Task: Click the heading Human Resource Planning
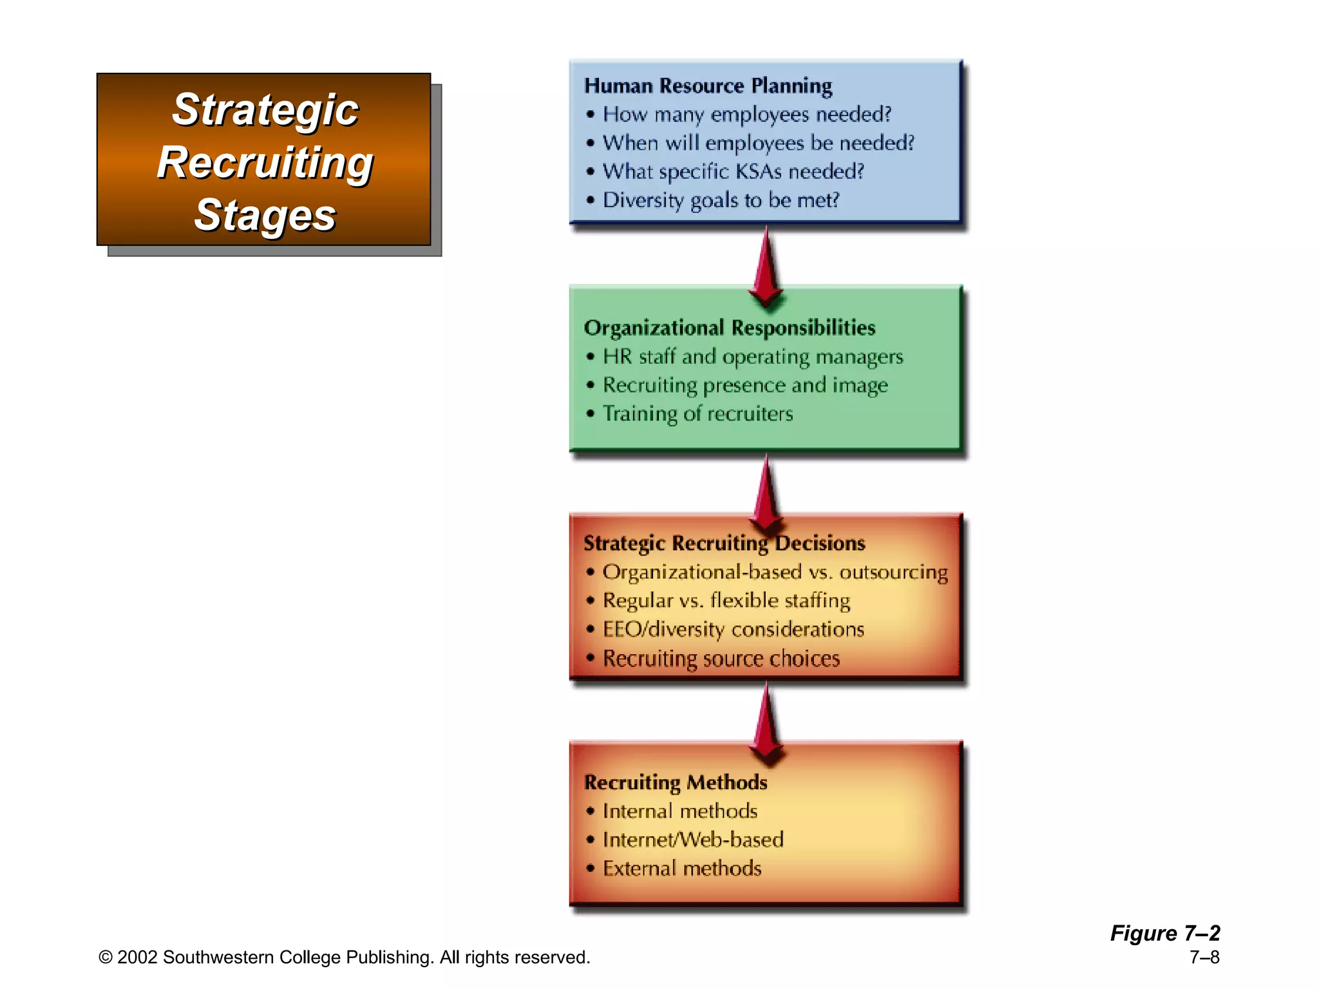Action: [x=708, y=86]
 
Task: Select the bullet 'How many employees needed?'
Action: [x=746, y=115]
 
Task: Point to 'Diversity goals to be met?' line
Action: [x=721, y=200]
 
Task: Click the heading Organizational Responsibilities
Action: [x=729, y=328]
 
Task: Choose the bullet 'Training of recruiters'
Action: [x=697, y=413]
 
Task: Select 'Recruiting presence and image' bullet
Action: [x=745, y=385]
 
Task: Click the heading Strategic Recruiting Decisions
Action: [x=724, y=543]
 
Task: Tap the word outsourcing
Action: [x=893, y=572]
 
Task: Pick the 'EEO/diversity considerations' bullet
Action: [x=733, y=629]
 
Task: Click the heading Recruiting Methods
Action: [x=676, y=782]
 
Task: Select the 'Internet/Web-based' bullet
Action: [x=693, y=840]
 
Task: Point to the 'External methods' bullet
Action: [x=682, y=869]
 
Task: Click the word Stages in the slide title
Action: [x=265, y=215]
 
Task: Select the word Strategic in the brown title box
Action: [x=265, y=109]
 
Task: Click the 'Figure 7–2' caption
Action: [x=1164, y=933]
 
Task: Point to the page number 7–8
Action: [x=1204, y=957]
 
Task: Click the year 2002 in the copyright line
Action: [x=137, y=957]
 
